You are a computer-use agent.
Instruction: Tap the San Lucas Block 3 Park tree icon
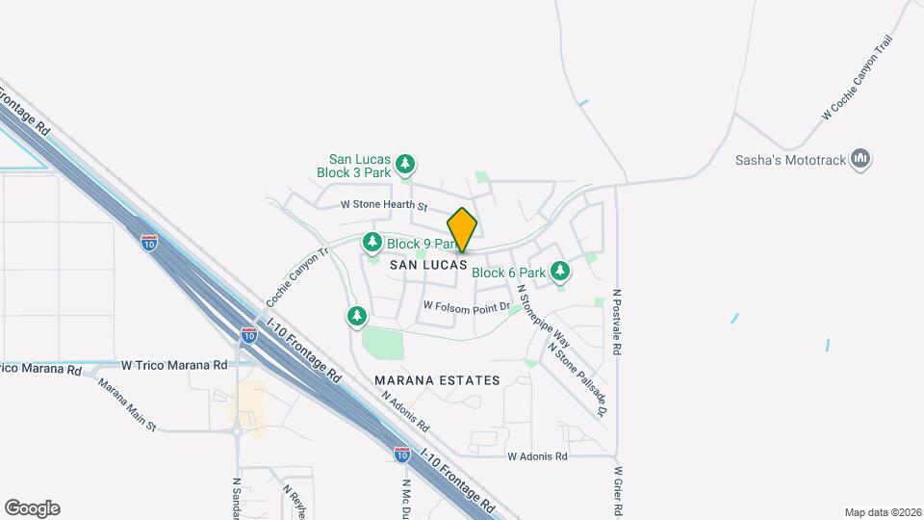coord(406,164)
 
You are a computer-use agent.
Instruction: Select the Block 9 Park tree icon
coord(372,244)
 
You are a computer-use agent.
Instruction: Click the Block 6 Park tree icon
coord(560,273)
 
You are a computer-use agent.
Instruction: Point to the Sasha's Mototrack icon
coord(861,159)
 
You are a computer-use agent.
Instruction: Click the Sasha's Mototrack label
coord(789,160)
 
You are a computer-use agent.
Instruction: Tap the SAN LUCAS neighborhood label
coord(428,264)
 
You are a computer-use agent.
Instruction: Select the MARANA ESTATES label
coord(438,380)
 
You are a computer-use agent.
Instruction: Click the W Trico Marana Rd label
coord(174,365)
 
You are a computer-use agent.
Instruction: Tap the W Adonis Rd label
coord(537,456)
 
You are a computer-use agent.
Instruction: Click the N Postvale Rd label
coord(617,324)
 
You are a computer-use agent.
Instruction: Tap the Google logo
coord(32,508)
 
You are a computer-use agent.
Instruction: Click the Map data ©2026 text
coord(883,512)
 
